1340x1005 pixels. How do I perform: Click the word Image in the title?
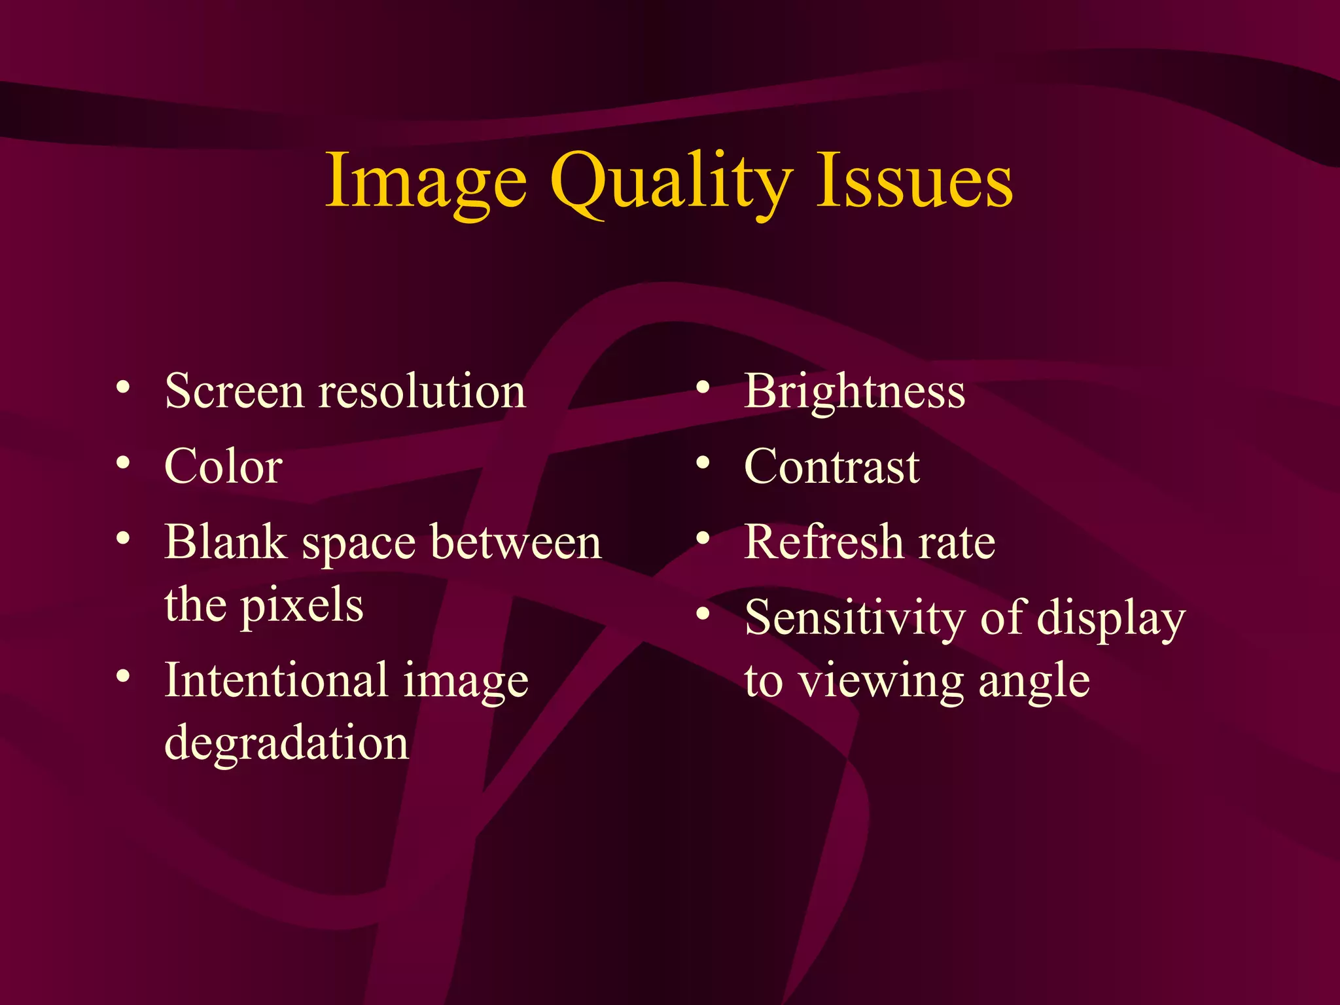point(425,180)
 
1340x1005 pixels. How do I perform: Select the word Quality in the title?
point(671,182)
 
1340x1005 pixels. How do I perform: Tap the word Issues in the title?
point(914,180)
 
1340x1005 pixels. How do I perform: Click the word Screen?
point(234,391)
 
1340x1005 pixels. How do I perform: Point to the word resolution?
point(422,391)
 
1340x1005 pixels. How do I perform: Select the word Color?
point(223,467)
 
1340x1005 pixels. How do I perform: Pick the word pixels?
point(302,606)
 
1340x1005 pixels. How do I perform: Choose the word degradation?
point(287,743)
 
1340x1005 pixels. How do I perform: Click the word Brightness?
point(855,391)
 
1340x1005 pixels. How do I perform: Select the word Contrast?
point(832,467)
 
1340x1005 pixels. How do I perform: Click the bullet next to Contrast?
point(703,463)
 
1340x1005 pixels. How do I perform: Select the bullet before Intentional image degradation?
point(123,677)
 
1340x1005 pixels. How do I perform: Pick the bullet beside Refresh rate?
point(703,538)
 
